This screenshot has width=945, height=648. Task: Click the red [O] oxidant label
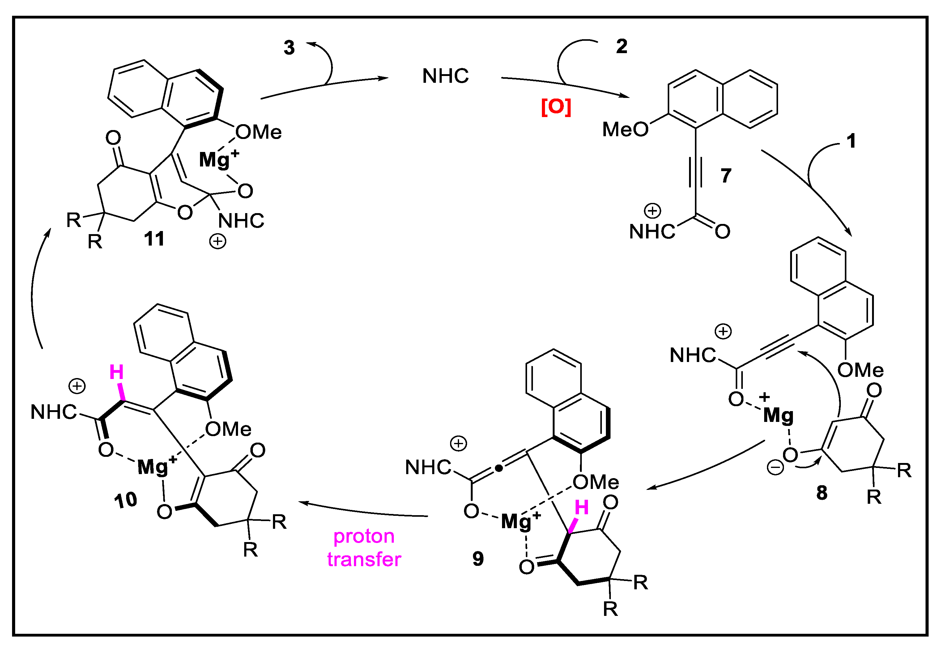(556, 107)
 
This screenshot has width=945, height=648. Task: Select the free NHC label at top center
(446, 76)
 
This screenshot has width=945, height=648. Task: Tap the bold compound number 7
(726, 175)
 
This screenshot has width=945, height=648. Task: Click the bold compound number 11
(154, 238)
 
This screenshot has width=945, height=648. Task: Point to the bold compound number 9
(478, 559)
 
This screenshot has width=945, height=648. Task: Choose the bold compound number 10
(125, 500)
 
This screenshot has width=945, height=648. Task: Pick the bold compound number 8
(822, 493)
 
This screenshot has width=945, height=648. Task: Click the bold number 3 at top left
(289, 48)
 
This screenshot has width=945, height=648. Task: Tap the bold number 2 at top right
(622, 46)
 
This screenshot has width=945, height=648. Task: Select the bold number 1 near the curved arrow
(851, 141)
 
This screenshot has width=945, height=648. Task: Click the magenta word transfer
(364, 559)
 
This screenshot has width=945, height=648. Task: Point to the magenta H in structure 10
(117, 372)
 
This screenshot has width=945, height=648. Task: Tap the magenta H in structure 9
(581, 507)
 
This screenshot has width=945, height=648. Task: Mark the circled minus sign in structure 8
(775, 467)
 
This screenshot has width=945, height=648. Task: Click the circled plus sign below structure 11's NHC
(218, 241)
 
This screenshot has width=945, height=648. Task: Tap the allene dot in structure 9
(499, 469)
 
